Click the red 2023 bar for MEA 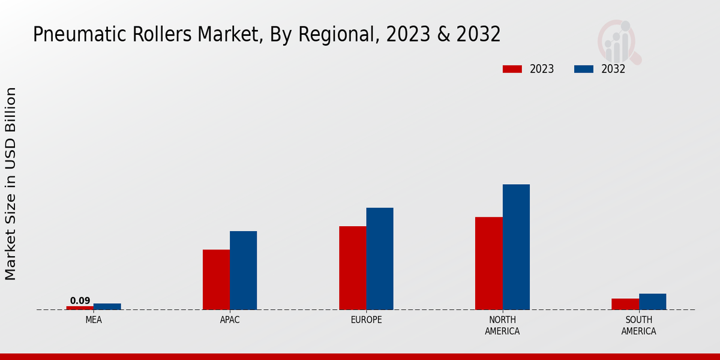pyautogui.click(x=80, y=308)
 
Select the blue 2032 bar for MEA pyautogui.click(x=107, y=307)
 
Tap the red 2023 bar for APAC pyautogui.click(x=216, y=280)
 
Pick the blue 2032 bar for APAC pyautogui.click(x=243, y=271)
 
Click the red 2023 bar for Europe pyautogui.click(x=353, y=268)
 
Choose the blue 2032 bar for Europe pyautogui.click(x=380, y=259)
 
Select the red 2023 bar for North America pyautogui.click(x=489, y=263)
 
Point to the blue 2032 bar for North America pyautogui.click(x=516, y=247)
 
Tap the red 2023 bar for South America pyautogui.click(x=625, y=304)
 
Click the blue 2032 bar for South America pyautogui.click(x=652, y=302)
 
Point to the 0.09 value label pyautogui.click(x=80, y=301)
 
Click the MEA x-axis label pyautogui.click(x=94, y=320)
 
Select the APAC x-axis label pyautogui.click(x=230, y=320)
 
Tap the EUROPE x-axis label pyautogui.click(x=366, y=320)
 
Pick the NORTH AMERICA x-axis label pyautogui.click(x=502, y=325)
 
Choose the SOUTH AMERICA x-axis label pyautogui.click(x=638, y=325)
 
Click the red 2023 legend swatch pyautogui.click(x=512, y=69)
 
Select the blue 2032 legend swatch pyautogui.click(x=584, y=69)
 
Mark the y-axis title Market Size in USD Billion pyautogui.click(x=11, y=183)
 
